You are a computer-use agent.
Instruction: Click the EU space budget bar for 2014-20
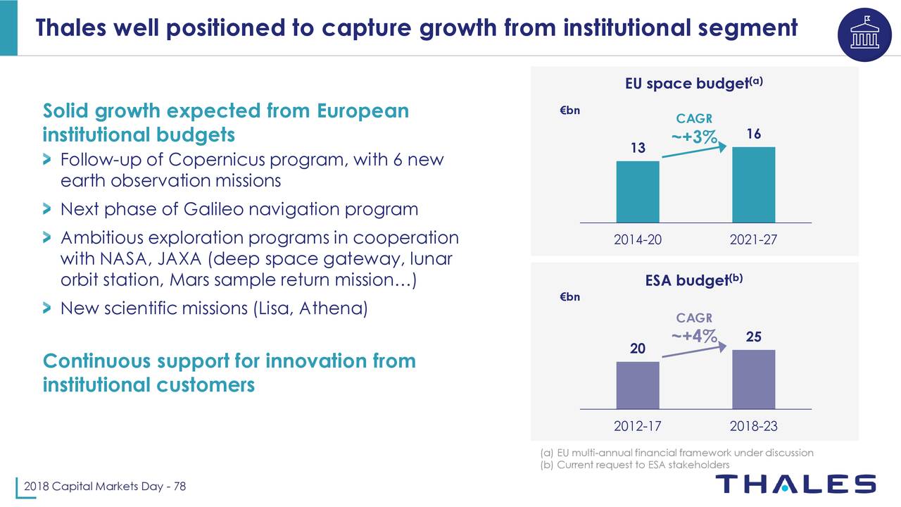638,192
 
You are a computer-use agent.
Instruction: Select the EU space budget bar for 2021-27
754,184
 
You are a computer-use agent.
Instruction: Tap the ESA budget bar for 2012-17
638,385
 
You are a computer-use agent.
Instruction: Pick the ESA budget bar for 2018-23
754,379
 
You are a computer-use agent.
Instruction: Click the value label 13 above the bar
638,148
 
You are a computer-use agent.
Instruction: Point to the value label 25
754,337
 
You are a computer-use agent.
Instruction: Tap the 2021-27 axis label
754,239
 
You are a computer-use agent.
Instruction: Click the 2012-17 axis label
638,426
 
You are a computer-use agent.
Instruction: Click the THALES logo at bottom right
795,484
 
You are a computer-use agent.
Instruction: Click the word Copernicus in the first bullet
213,159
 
